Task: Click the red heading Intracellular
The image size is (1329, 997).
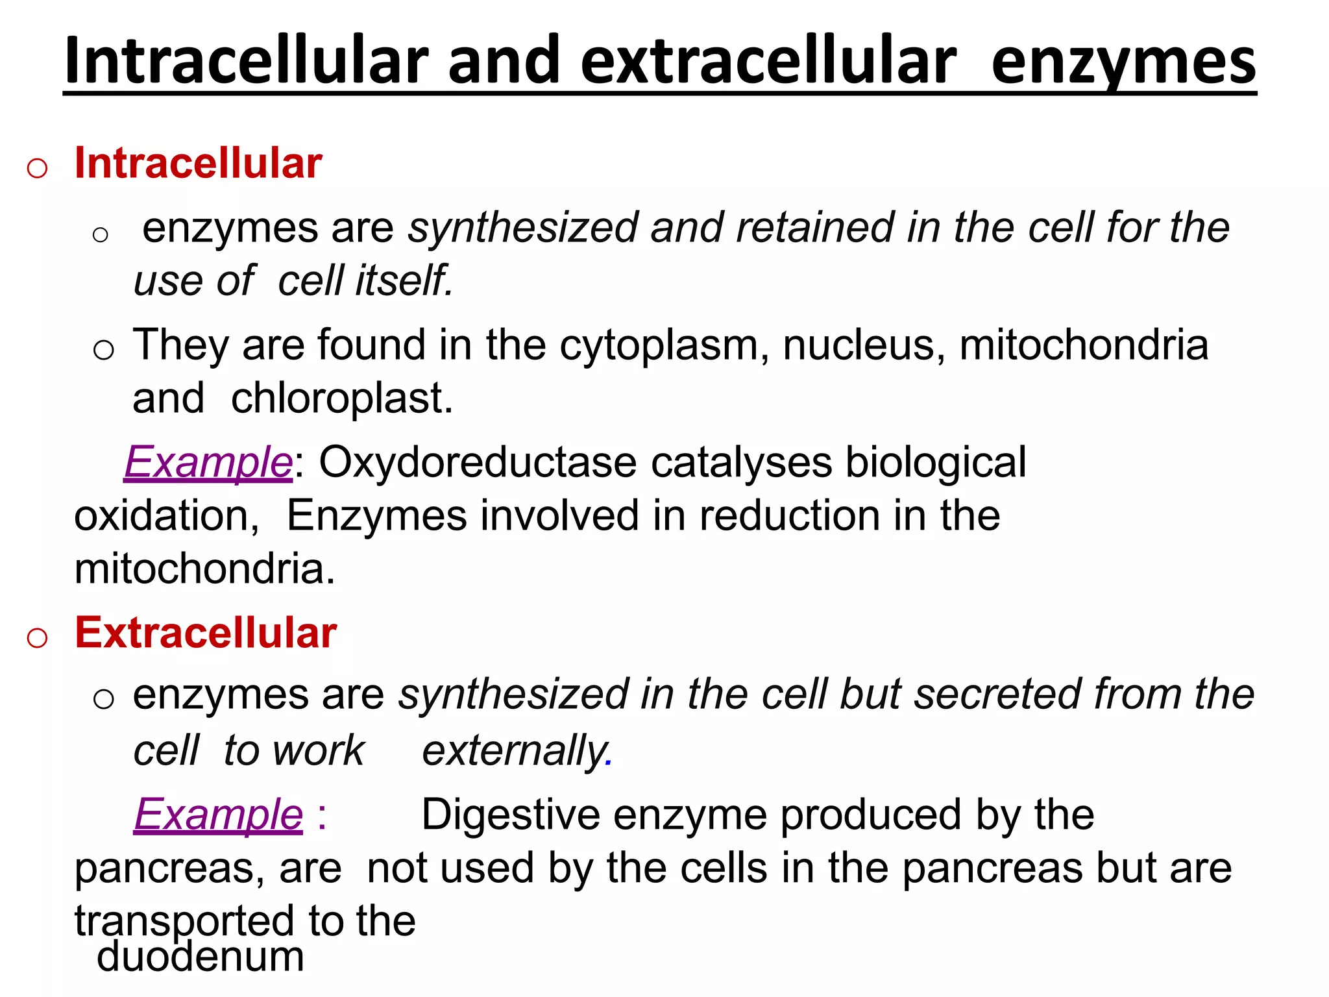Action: click(198, 163)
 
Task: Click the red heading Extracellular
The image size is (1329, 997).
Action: click(206, 633)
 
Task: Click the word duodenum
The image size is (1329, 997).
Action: click(201, 957)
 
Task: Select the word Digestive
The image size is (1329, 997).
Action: click(510, 815)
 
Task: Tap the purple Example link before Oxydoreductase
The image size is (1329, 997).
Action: click(208, 463)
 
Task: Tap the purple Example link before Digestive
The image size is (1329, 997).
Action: click(219, 815)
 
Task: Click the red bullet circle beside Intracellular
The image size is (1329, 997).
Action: click(37, 168)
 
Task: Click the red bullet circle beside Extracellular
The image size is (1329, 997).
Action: click(37, 638)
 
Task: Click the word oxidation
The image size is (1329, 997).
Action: click(166, 516)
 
